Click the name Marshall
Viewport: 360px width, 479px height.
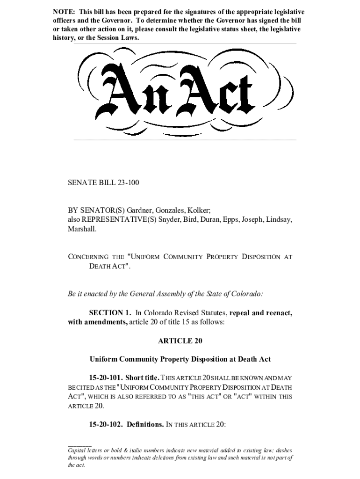tap(82, 229)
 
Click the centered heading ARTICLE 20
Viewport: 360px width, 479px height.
tap(180, 341)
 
